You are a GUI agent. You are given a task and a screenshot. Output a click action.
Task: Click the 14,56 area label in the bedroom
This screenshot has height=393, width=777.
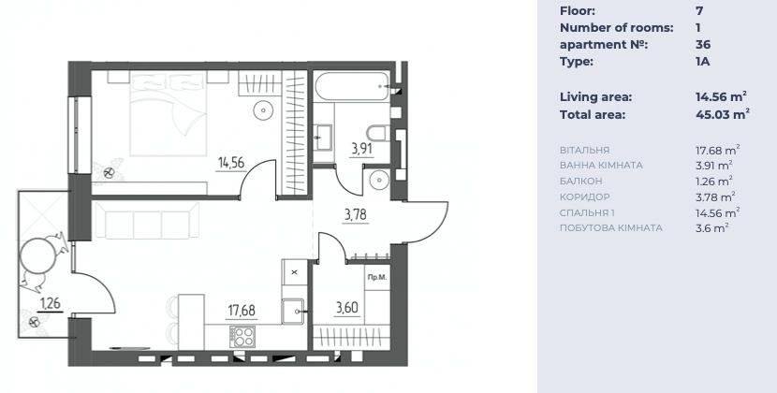coord(231,163)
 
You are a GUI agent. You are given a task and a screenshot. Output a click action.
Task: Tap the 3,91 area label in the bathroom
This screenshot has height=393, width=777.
coord(361,149)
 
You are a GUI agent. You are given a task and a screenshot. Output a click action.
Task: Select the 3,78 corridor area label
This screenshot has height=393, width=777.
coord(358,215)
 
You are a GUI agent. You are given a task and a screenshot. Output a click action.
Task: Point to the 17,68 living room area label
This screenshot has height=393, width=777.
coord(242,311)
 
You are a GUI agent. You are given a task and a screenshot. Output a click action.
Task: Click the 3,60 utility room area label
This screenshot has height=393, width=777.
coord(347,308)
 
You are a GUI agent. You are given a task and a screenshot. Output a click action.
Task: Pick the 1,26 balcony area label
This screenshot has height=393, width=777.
coord(51,303)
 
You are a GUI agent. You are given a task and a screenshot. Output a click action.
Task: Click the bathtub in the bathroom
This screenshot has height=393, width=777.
coord(352,87)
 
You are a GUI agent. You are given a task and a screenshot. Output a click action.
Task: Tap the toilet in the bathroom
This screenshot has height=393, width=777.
coord(378,133)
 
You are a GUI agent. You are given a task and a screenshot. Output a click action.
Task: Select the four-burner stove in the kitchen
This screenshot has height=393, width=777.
coord(242,337)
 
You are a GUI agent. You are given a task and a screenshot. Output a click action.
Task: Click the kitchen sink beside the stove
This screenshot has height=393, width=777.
coord(293,312)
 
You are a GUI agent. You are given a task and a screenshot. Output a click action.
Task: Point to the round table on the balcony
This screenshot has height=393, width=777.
coord(37,255)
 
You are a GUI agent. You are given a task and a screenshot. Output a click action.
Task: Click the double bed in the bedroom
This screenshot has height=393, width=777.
coord(168,114)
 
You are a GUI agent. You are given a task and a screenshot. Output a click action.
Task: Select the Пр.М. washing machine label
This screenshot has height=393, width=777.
coord(376,278)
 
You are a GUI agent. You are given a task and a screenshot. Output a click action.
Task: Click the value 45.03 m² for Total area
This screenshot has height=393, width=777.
coord(722,114)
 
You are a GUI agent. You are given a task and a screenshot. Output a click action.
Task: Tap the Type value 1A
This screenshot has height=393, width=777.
coord(703,62)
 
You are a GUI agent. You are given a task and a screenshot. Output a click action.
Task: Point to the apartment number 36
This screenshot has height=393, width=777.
coord(703,45)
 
